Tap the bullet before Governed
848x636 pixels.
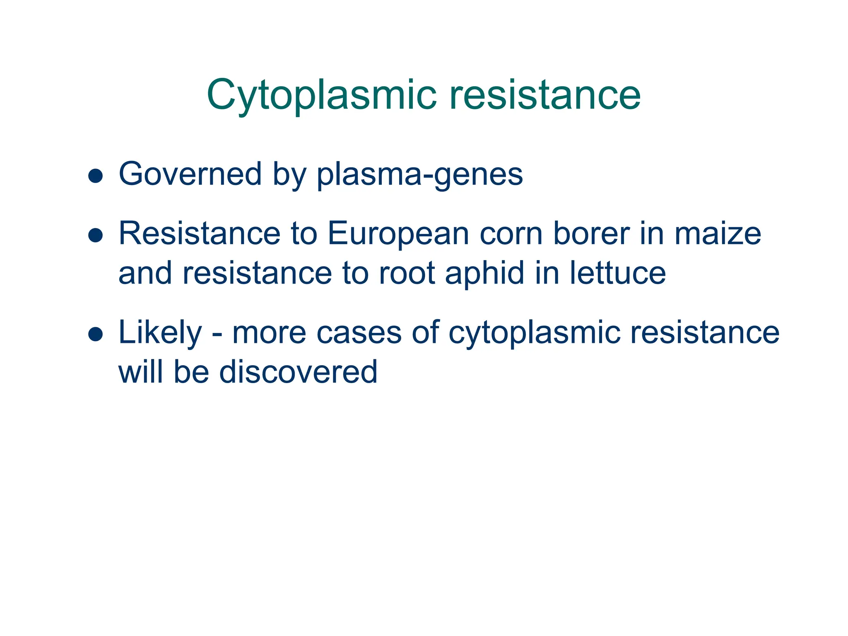tap(96, 176)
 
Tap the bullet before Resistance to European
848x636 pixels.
tap(96, 235)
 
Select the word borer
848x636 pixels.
tap(592, 234)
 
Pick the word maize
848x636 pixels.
tap(718, 234)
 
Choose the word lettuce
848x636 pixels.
tap(618, 273)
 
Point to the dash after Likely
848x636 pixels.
tap(217, 334)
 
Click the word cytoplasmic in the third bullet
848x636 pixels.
tap(535, 334)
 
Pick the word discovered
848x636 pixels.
tap(298, 372)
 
